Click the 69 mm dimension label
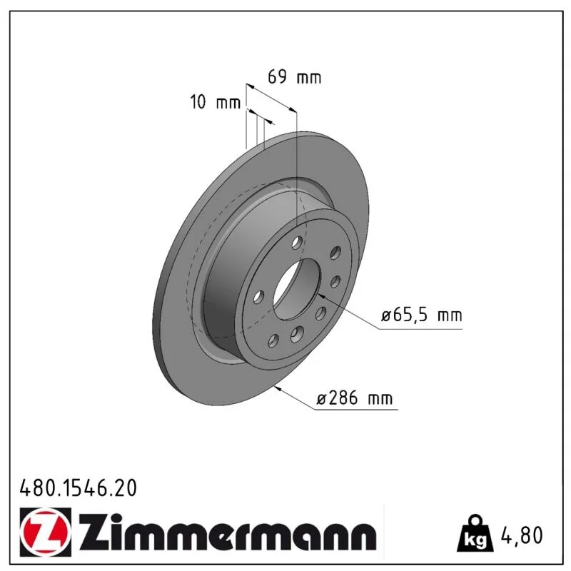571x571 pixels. click(x=295, y=77)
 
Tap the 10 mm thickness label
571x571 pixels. click(x=216, y=102)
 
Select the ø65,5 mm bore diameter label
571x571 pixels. click(x=422, y=315)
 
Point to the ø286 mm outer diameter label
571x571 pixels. click(x=354, y=398)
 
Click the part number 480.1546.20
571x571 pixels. click(x=79, y=488)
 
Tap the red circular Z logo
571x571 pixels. click(x=46, y=532)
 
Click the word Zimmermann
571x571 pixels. click(x=228, y=532)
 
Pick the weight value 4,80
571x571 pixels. click(x=522, y=535)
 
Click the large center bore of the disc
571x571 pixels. click(x=296, y=290)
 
